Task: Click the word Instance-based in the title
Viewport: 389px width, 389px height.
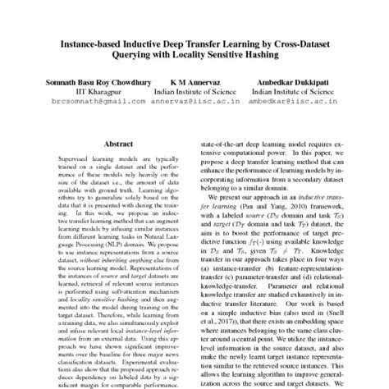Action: click(x=88, y=40)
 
